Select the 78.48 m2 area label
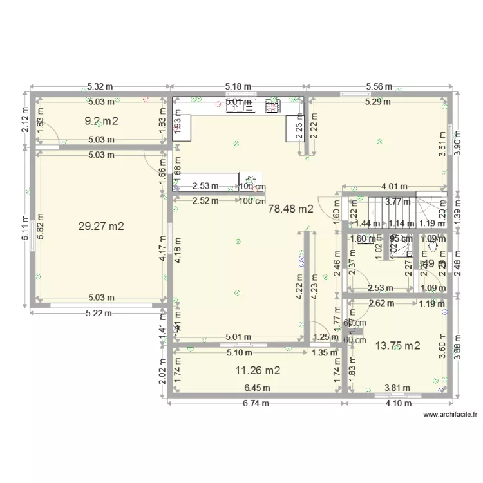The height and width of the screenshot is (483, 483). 290,209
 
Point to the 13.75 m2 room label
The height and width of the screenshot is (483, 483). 397,346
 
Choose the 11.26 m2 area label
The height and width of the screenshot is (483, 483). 258,370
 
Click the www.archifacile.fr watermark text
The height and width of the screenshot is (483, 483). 450,415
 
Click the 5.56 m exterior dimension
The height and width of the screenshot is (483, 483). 379,86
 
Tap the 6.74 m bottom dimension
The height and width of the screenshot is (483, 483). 256,403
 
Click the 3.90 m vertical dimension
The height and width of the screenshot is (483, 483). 458,145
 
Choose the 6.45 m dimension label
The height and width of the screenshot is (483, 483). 257,388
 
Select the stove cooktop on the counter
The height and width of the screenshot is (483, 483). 273,106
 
